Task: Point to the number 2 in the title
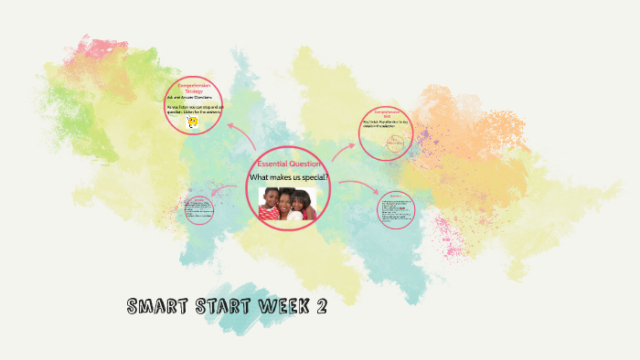[320, 308]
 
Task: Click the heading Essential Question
[288, 164]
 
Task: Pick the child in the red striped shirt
[271, 206]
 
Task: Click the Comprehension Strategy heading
[194, 88]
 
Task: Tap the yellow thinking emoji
[192, 122]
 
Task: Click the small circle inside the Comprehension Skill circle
[395, 143]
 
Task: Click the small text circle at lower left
[198, 211]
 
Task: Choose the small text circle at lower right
[396, 209]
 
